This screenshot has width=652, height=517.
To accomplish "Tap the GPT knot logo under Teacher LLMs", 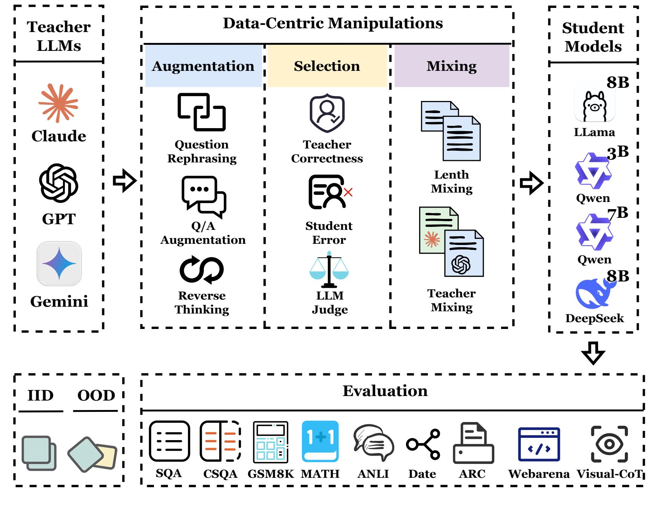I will tap(58, 183).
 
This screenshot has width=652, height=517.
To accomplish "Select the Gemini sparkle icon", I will tap(59, 263).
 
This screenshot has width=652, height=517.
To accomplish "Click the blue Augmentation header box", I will tap(203, 66).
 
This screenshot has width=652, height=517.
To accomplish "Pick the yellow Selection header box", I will tap(327, 66).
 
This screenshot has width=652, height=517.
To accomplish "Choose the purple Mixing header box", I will tap(452, 66).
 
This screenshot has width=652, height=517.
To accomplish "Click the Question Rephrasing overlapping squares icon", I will tap(201, 112).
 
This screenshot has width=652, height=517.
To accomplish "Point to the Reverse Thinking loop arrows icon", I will tap(201, 270).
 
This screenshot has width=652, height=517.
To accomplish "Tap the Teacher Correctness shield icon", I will tap(327, 113).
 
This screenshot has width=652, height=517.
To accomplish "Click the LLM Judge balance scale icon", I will tap(329, 270).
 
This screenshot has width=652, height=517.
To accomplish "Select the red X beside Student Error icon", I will tap(348, 192).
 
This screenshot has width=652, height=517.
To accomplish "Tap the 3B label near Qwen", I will tap(618, 152).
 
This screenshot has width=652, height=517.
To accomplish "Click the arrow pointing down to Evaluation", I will tap(593, 353).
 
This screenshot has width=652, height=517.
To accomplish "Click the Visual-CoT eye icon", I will tap(609, 444).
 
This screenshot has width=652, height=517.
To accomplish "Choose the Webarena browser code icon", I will tap(539, 444).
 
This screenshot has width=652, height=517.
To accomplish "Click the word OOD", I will tap(96, 395).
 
